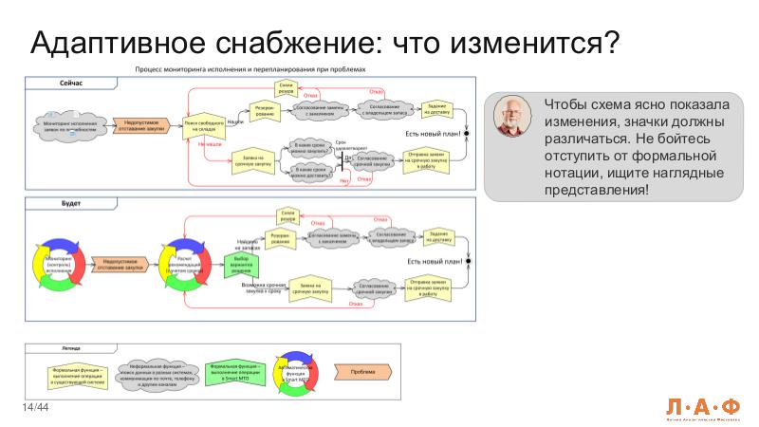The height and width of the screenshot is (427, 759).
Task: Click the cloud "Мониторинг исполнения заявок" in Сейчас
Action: coord(70,125)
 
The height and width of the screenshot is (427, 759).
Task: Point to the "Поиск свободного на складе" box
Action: coord(203,126)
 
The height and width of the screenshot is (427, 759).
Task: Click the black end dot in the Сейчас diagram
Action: coord(467,135)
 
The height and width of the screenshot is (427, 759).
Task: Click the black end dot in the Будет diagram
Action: coord(467,261)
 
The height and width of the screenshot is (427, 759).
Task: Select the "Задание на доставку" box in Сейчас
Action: coord(437,109)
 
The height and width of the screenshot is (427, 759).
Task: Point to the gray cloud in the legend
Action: coord(157,371)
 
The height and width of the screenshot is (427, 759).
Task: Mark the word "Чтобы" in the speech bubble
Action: coord(566,103)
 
